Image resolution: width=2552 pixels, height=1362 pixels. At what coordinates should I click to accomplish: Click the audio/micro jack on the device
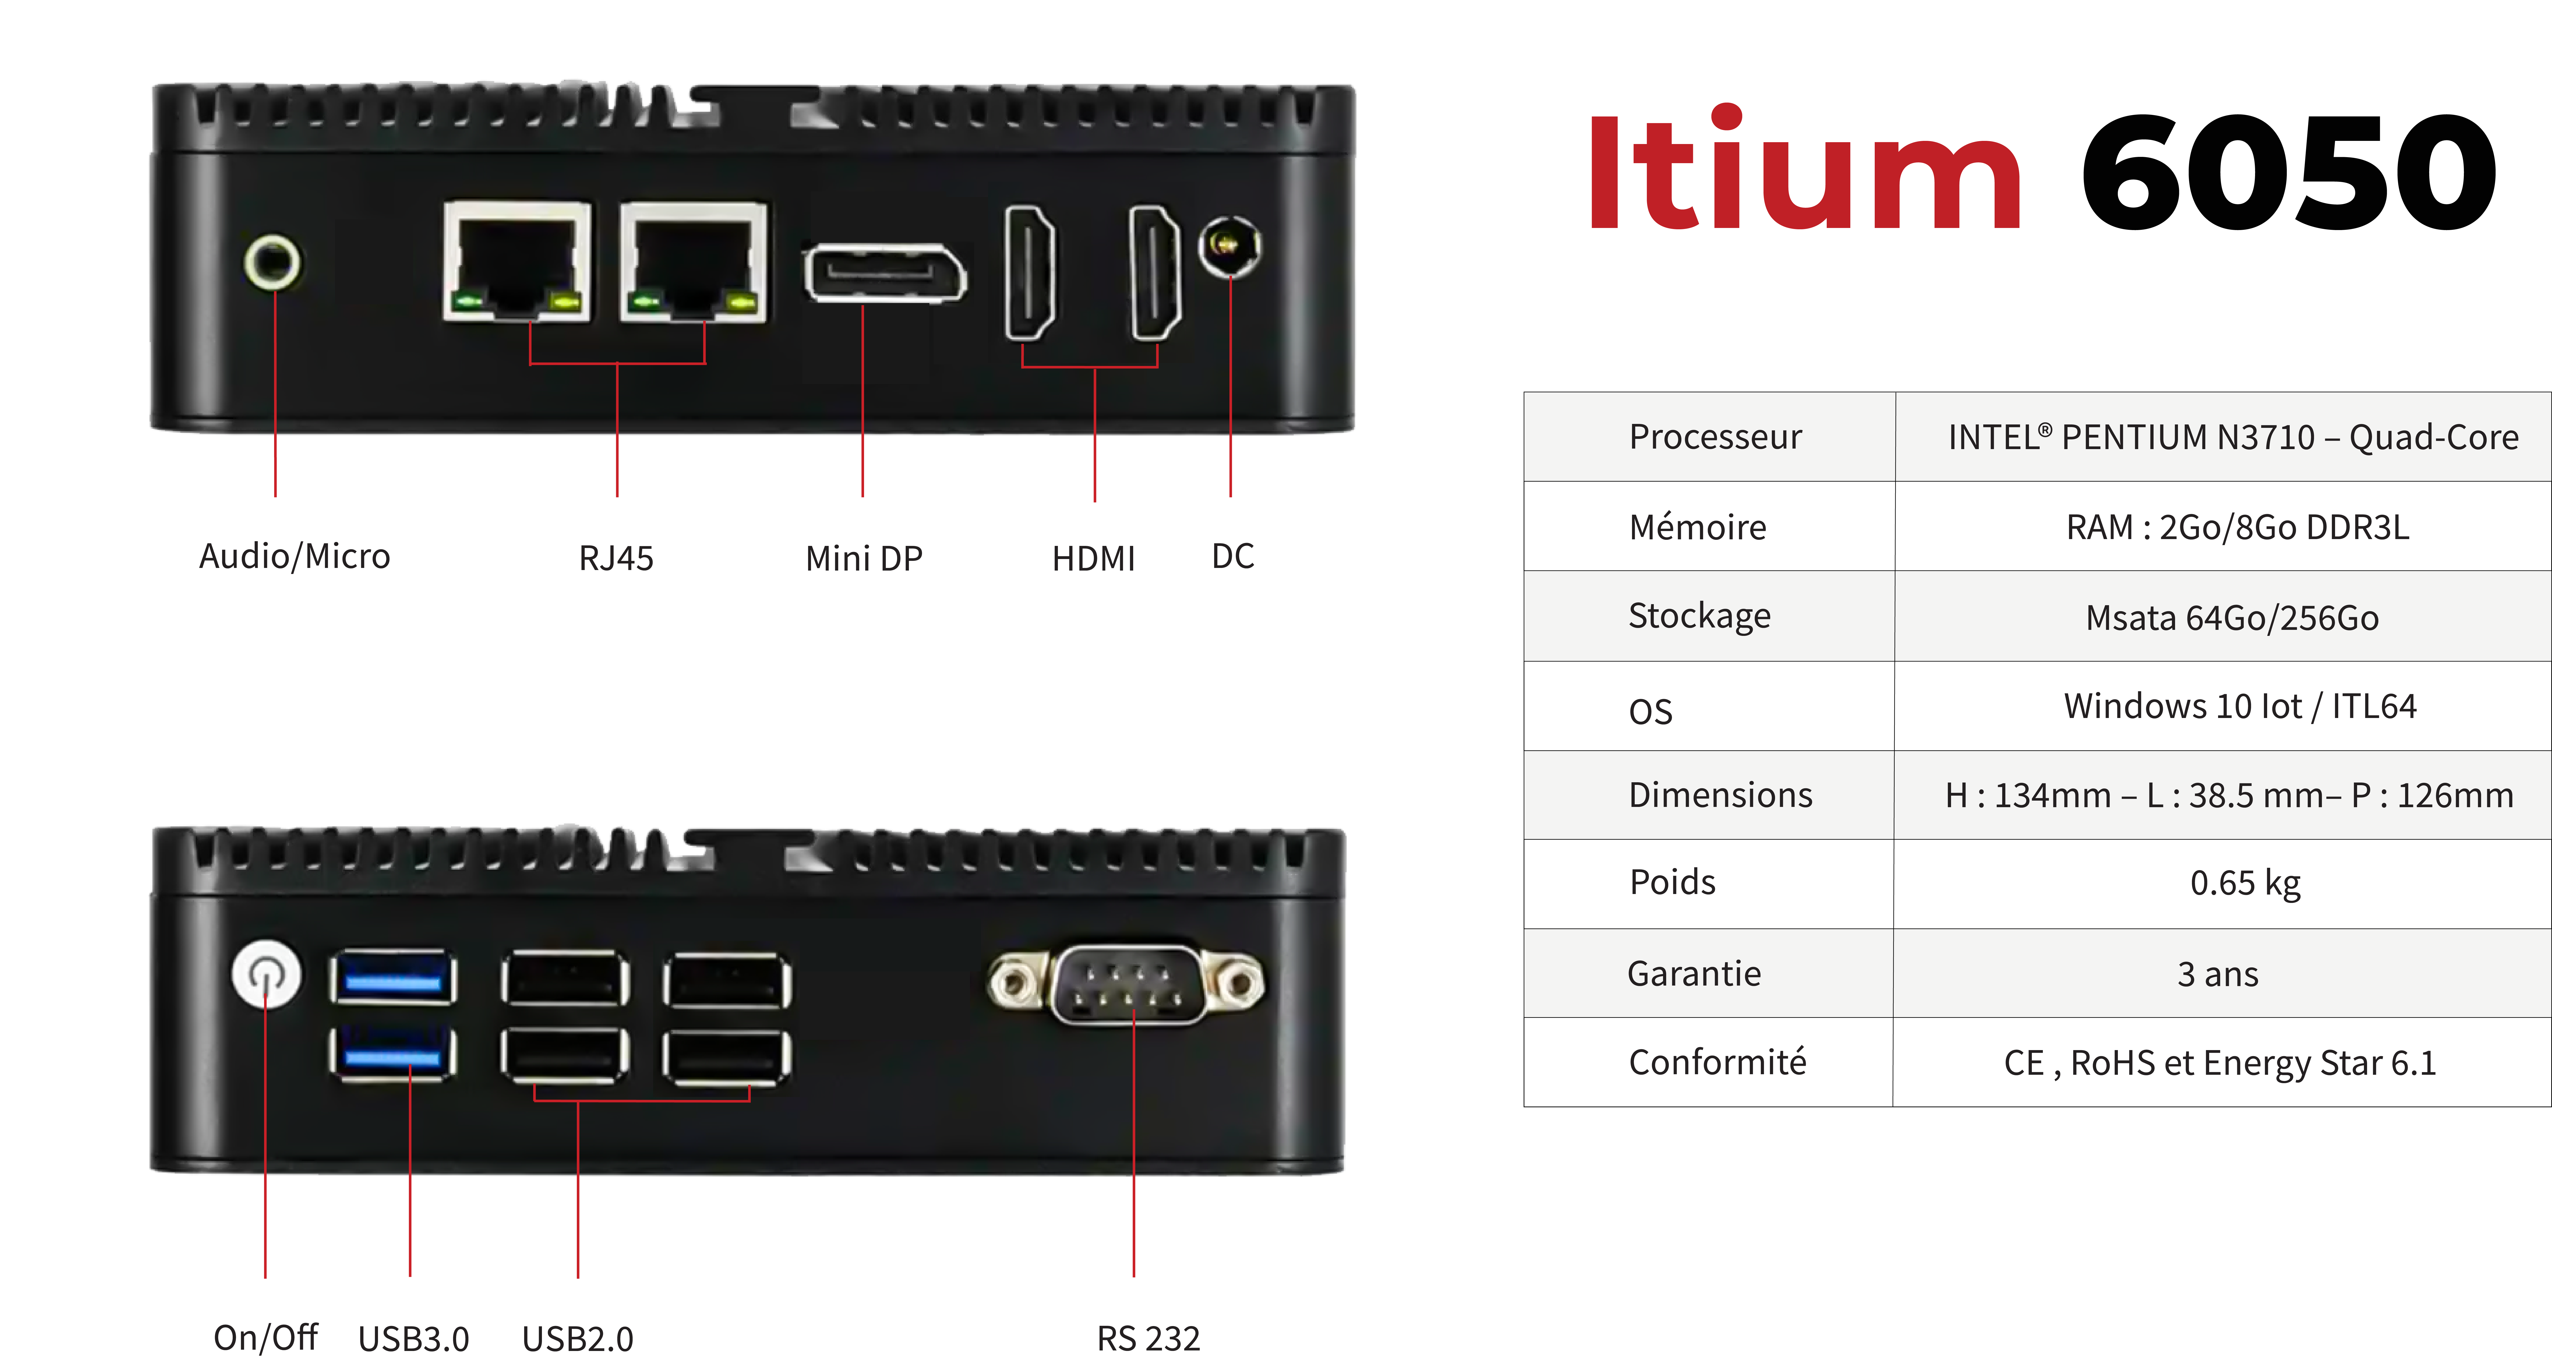click(x=273, y=263)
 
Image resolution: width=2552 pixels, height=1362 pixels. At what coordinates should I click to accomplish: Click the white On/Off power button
click(x=265, y=974)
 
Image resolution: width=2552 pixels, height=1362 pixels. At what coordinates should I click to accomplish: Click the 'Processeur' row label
click(x=1715, y=437)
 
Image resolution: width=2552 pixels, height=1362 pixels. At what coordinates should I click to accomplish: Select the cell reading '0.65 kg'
click(x=2245, y=882)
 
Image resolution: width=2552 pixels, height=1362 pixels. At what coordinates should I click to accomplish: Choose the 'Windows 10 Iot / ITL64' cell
click(x=2240, y=706)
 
